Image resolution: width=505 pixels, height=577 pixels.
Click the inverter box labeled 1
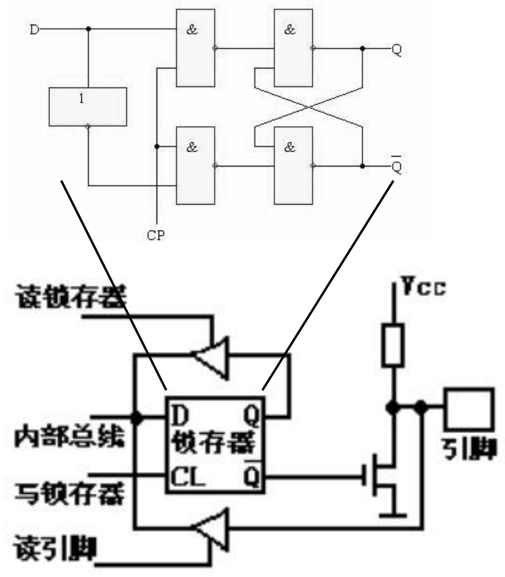tap(88, 106)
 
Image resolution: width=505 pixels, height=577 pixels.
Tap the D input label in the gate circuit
tap(35, 28)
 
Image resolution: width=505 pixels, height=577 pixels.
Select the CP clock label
tap(156, 235)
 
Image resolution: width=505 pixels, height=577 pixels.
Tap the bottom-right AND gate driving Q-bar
tap(293, 165)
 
